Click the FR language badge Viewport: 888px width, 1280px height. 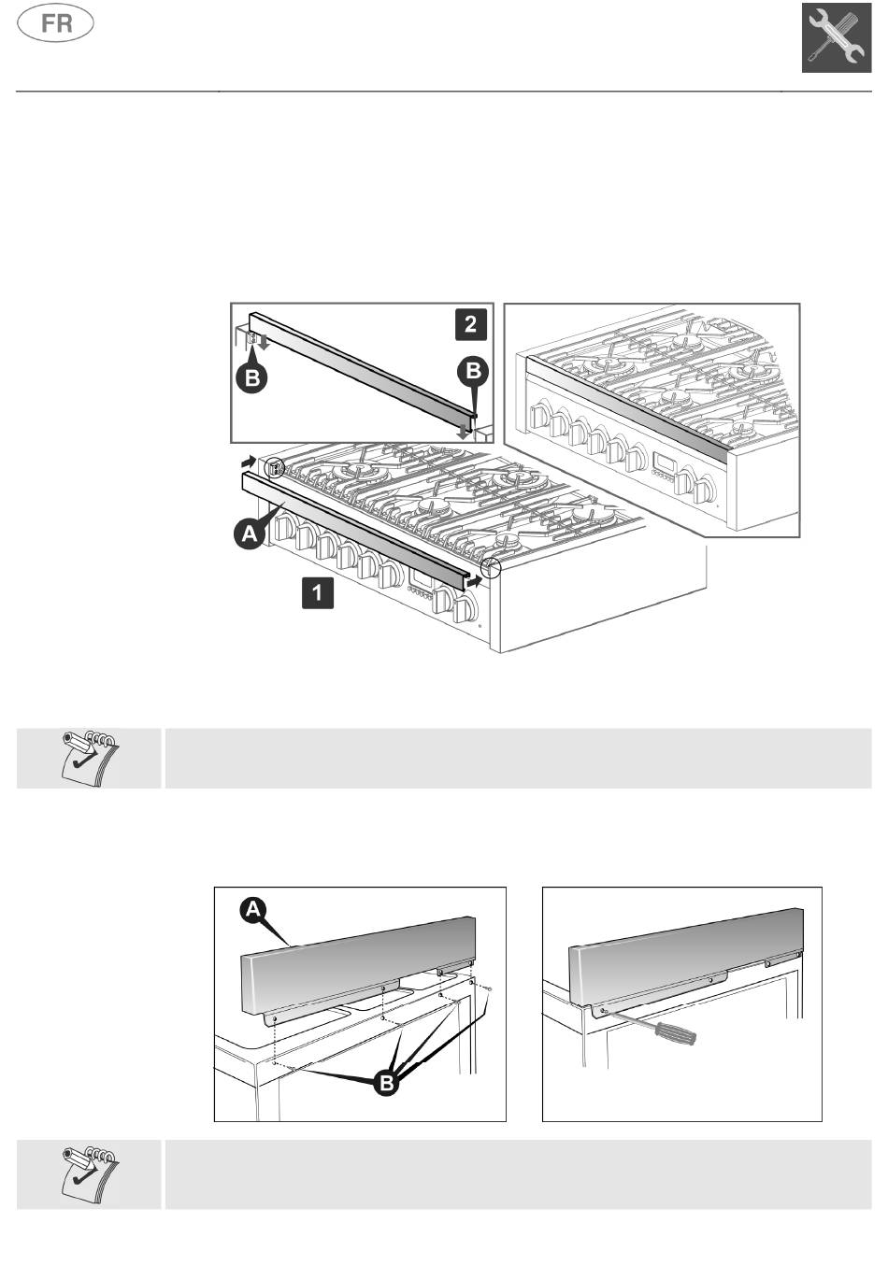(56, 23)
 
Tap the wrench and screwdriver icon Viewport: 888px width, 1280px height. (837, 38)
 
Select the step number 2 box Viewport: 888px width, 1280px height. (470, 324)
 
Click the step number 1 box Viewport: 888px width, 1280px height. (318, 593)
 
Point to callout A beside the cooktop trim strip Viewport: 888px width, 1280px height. (249, 534)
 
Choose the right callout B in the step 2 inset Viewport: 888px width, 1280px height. (473, 371)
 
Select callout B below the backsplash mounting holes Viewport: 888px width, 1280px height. (385, 1084)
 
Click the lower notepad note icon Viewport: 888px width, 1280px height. (90, 1173)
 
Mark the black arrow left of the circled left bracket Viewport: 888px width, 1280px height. (247, 461)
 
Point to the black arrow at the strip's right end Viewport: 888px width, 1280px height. (475, 581)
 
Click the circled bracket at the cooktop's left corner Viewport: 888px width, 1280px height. (274, 467)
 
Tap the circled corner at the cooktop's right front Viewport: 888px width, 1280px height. (491, 567)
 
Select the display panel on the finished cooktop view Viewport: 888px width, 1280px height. (665, 464)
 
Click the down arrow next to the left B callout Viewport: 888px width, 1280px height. (265, 343)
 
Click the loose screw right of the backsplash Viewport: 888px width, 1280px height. (490, 989)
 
